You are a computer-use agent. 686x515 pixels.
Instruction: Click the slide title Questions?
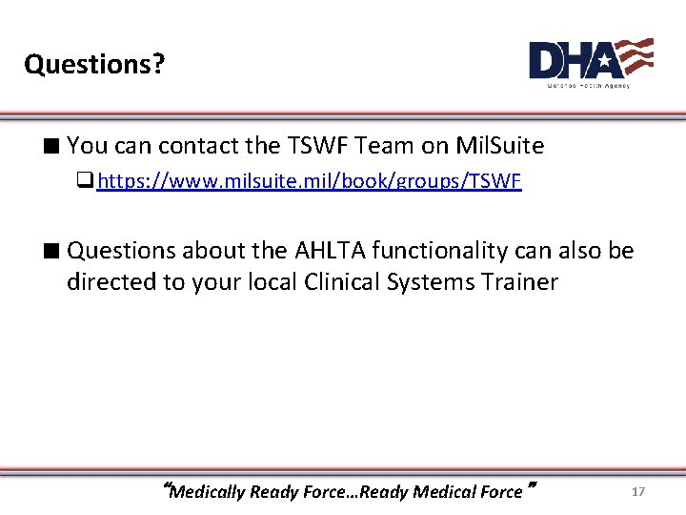tap(94, 64)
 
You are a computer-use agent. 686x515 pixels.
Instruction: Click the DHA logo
tap(591, 61)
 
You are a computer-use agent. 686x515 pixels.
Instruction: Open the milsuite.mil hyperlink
tap(310, 180)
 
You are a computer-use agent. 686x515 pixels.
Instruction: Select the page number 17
tap(638, 491)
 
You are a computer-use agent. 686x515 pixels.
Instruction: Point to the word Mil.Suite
tap(500, 146)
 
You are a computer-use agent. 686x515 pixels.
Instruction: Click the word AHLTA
tap(322, 251)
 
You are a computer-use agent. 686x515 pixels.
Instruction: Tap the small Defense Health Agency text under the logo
tap(588, 85)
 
